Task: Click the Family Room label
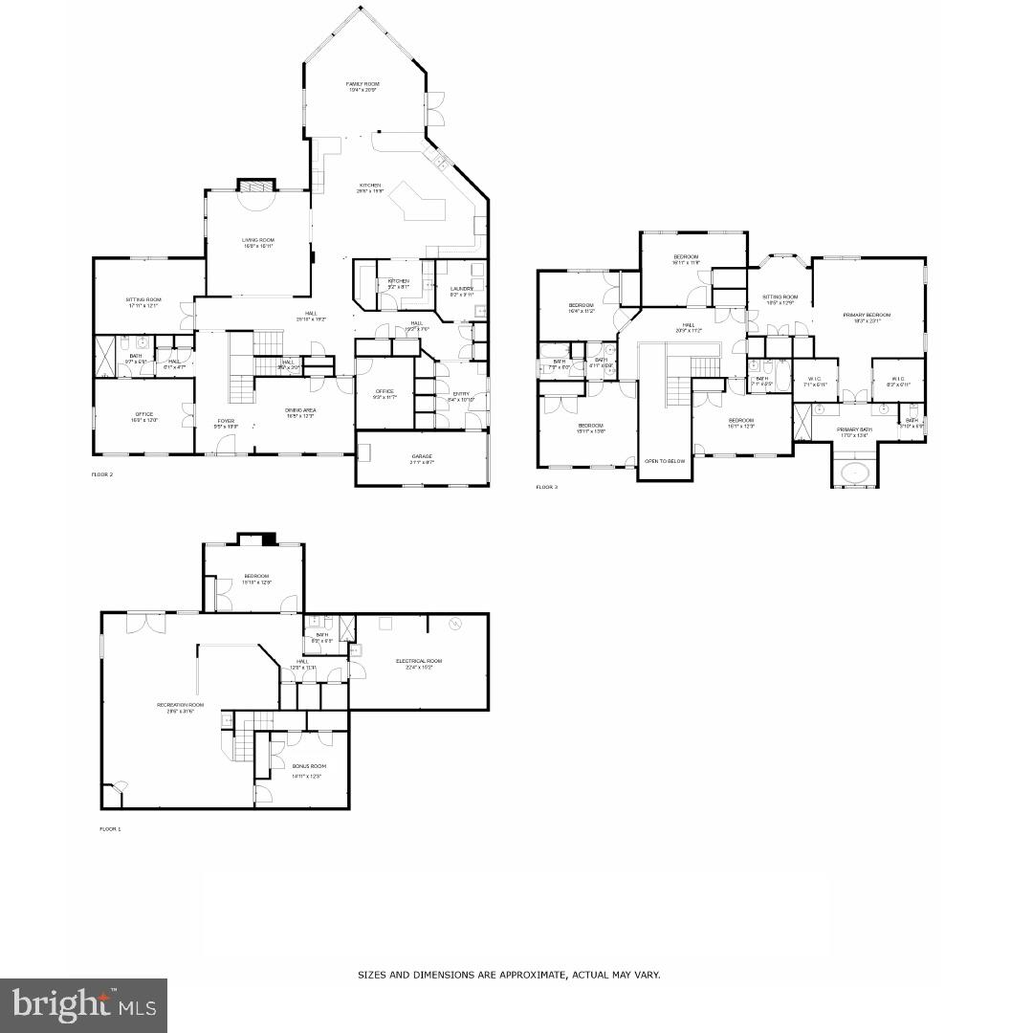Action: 363,84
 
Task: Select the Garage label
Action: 422,456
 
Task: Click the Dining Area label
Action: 300,410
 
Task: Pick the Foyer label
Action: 225,420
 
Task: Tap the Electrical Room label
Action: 419,661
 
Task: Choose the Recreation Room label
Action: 181,705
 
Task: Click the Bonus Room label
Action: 309,766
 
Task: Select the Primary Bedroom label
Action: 867,315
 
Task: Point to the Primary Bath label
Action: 854,429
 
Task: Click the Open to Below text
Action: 664,461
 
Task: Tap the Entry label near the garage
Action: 461,393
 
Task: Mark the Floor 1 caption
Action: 111,828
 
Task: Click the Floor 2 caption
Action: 102,474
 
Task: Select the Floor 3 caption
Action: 546,487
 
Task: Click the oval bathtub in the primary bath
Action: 853,473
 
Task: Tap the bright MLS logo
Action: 83,1005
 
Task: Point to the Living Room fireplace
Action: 255,186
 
